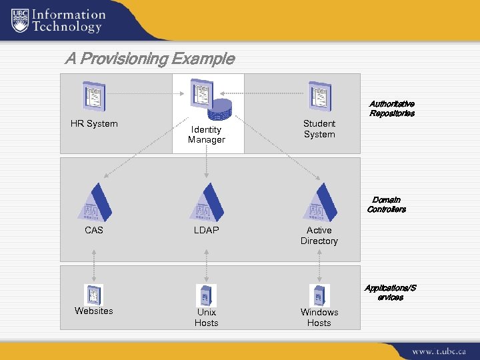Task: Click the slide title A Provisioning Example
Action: (149, 59)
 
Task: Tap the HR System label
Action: (94, 123)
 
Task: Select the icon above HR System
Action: (93, 96)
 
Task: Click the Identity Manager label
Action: (206, 134)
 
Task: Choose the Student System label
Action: (319, 129)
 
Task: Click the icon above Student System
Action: (319, 96)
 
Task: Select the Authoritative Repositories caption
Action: (392, 109)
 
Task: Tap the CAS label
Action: (94, 230)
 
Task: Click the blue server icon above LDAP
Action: (207, 201)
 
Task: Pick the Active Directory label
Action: (319, 235)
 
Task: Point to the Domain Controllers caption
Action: (387, 205)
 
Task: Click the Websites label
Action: (94, 311)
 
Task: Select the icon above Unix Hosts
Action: (207, 294)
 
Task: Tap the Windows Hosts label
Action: (319, 317)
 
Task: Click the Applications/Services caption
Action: (390, 293)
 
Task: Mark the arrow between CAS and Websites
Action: (94, 265)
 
